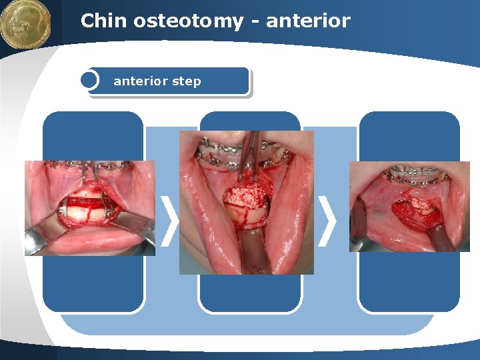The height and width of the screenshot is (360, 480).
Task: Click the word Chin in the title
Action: point(104,21)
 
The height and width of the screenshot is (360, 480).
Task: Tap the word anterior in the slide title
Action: point(307,21)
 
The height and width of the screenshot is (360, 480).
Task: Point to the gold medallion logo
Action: point(25,25)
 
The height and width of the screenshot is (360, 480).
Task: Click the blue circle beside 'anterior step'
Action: point(89,81)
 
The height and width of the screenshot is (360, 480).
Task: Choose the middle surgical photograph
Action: point(246,202)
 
